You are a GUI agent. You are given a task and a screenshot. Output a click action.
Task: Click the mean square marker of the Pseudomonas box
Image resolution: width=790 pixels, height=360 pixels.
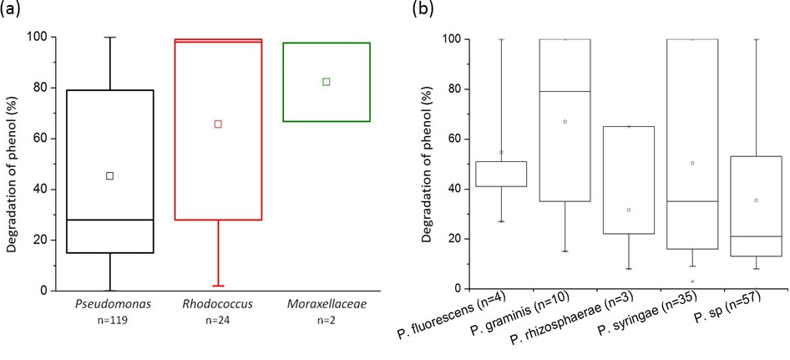pyautogui.click(x=109, y=175)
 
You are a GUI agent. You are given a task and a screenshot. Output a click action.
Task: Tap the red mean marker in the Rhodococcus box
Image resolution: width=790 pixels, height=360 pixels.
pyautogui.click(x=218, y=124)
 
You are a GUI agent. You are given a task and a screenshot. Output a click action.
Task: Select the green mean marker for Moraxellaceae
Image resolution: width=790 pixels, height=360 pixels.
pyautogui.click(x=327, y=81)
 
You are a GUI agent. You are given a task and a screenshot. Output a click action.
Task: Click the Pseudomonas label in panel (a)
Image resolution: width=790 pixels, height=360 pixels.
pyautogui.click(x=109, y=304)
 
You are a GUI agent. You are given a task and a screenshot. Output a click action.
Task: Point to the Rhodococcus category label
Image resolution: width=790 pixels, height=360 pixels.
pyautogui.click(x=218, y=304)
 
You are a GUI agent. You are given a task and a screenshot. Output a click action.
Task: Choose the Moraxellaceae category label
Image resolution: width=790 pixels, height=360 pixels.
pyautogui.click(x=327, y=304)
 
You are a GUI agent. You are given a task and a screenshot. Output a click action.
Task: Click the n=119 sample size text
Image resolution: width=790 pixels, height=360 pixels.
pyautogui.click(x=109, y=321)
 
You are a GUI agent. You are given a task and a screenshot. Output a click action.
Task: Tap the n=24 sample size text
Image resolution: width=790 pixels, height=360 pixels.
pyautogui.click(x=218, y=321)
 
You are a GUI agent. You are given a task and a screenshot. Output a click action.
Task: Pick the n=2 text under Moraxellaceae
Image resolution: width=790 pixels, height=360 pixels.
pyautogui.click(x=327, y=321)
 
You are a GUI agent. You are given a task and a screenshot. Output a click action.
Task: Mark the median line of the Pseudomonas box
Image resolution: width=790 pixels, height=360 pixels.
pyautogui.click(x=109, y=220)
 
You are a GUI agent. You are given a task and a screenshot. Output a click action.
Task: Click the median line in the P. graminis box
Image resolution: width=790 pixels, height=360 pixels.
pyautogui.click(x=565, y=91)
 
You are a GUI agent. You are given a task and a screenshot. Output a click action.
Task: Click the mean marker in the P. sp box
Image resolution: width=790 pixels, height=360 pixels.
pyautogui.click(x=756, y=200)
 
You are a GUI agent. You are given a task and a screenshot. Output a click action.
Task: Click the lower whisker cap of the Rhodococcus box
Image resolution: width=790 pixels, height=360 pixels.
pyautogui.click(x=218, y=286)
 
